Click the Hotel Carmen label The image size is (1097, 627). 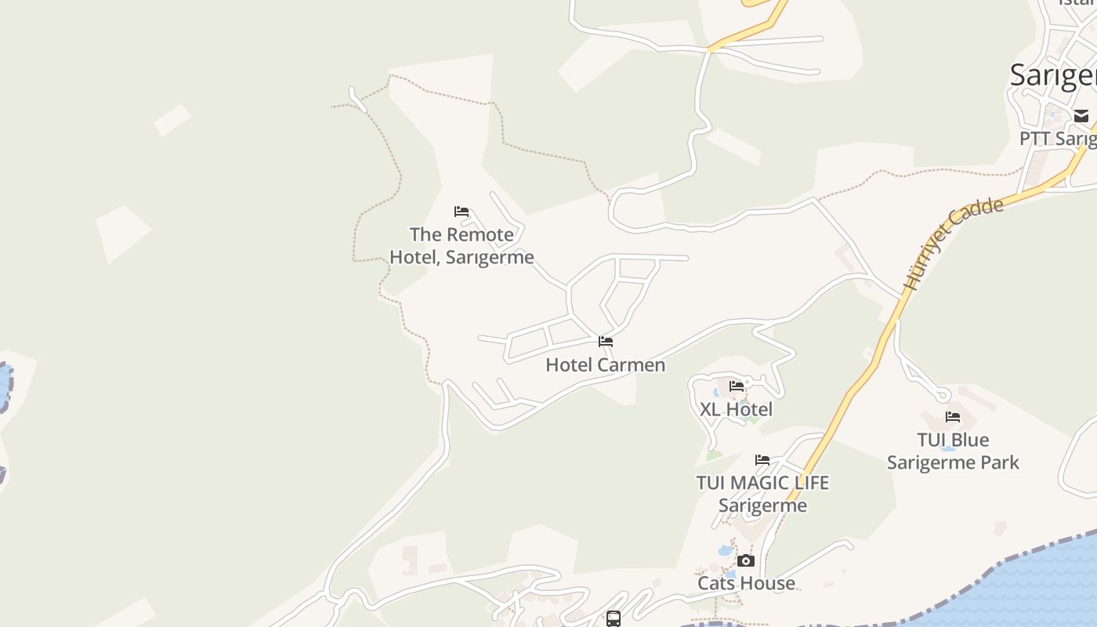point(605,365)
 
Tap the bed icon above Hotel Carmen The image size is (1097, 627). point(606,342)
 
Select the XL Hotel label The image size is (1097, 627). point(736,409)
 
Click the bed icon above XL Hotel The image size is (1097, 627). point(737,386)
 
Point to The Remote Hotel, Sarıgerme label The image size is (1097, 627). point(462,245)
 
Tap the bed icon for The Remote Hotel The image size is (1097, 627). point(462,212)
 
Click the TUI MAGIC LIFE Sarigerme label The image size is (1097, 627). point(762,494)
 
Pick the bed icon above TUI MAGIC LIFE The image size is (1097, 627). point(762,460)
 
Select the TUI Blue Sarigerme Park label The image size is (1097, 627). point(953,451)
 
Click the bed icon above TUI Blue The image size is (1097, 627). point(953,417)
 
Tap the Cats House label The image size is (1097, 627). point(746,583)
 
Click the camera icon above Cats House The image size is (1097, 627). point(746,560)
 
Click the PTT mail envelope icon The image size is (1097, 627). point(1081,117)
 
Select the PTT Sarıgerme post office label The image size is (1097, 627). point(1058,139)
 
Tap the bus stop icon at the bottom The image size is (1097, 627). point(614,619)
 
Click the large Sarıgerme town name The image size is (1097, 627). point(1053,75)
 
